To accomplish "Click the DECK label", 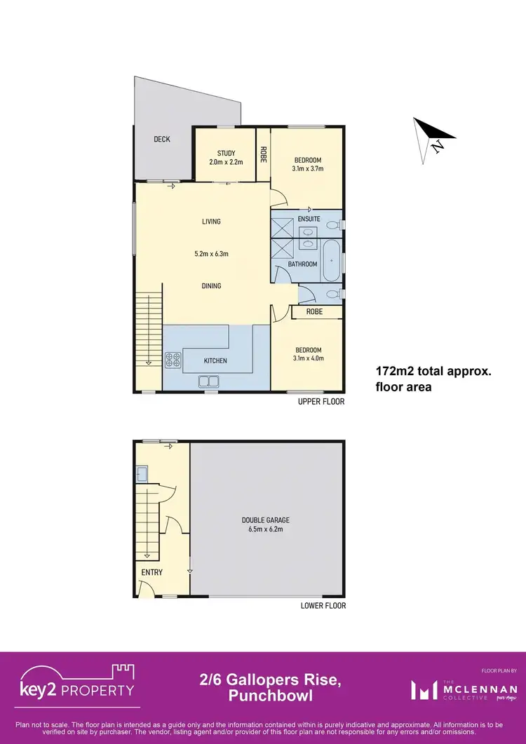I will click(162, 140).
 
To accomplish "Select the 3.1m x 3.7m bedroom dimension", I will click(307, 168).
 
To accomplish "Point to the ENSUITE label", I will click(308, 219).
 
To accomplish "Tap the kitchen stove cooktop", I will click(173, 360).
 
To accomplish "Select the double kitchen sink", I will click(208, 381).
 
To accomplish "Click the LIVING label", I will click(211, 222).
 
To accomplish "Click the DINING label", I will click(211, 286).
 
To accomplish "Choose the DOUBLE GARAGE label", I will click(267, 520).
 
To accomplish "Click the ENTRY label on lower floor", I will click(152, 573).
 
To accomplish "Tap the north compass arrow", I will click(433, 137).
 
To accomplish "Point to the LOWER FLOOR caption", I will click(323, 606).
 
